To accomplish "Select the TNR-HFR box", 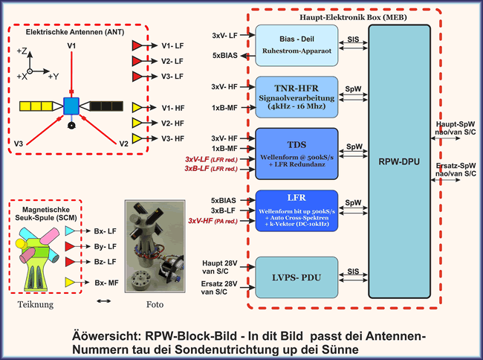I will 296,95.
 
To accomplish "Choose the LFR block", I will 296,210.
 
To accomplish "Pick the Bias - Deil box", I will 296,43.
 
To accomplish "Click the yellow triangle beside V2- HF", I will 137,123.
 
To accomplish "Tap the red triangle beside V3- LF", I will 137,77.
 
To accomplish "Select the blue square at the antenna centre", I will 71,106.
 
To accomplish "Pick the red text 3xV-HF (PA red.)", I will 213,221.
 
